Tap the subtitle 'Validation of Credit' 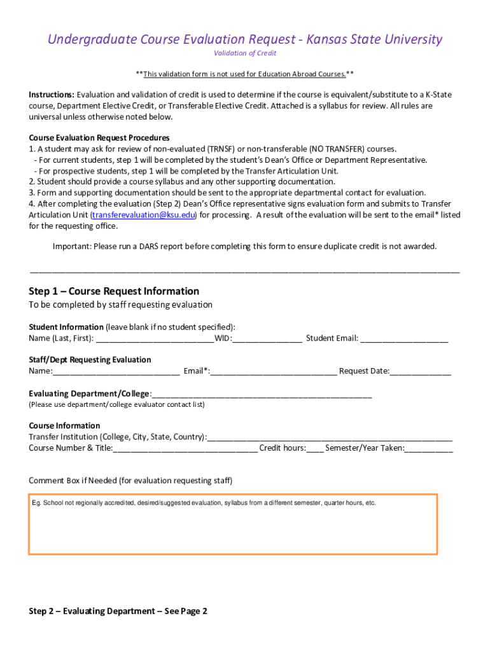244,53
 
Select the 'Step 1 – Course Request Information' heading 114,291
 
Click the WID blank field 267,339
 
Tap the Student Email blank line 404,339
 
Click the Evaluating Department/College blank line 262,394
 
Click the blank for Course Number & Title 185,448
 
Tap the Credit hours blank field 315,448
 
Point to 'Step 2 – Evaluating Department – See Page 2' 118,612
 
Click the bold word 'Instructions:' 52,95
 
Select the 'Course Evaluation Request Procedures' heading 99,138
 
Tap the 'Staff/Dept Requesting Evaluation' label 90,360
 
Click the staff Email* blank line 274,371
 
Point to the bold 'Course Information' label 64,426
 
